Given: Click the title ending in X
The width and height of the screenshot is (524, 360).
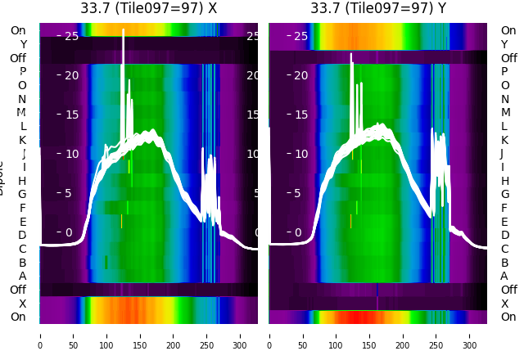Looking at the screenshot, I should click(x=149, y=8).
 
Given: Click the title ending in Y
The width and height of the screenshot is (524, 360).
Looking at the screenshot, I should click(x=378, y=8).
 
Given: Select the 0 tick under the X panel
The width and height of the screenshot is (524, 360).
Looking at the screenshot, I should click(x=40, y=335).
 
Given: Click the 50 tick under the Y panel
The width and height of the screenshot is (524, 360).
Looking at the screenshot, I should click(x=303, y=335).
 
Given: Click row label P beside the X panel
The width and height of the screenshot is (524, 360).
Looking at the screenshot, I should click(x=22, y=71).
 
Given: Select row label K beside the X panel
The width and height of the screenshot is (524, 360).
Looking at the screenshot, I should click(x=22, y=140).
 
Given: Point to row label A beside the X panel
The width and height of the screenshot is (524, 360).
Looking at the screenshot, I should click(x=22, y=276).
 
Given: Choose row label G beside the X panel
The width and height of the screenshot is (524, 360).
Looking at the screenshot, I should click(x=22, y=194).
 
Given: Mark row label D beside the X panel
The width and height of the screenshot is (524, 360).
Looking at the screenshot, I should click(x=22, y=235).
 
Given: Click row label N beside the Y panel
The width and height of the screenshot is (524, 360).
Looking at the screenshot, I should click(x=504, y=99).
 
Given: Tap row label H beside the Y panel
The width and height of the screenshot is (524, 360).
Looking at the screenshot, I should click(x=504, y=181).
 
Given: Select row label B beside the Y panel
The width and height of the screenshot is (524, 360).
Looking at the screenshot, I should click(x=504, y=263).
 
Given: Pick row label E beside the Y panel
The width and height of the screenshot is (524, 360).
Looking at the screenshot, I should click(x=504, y=222).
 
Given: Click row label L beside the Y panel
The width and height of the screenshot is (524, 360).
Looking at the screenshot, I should click(x=504, y=126).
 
